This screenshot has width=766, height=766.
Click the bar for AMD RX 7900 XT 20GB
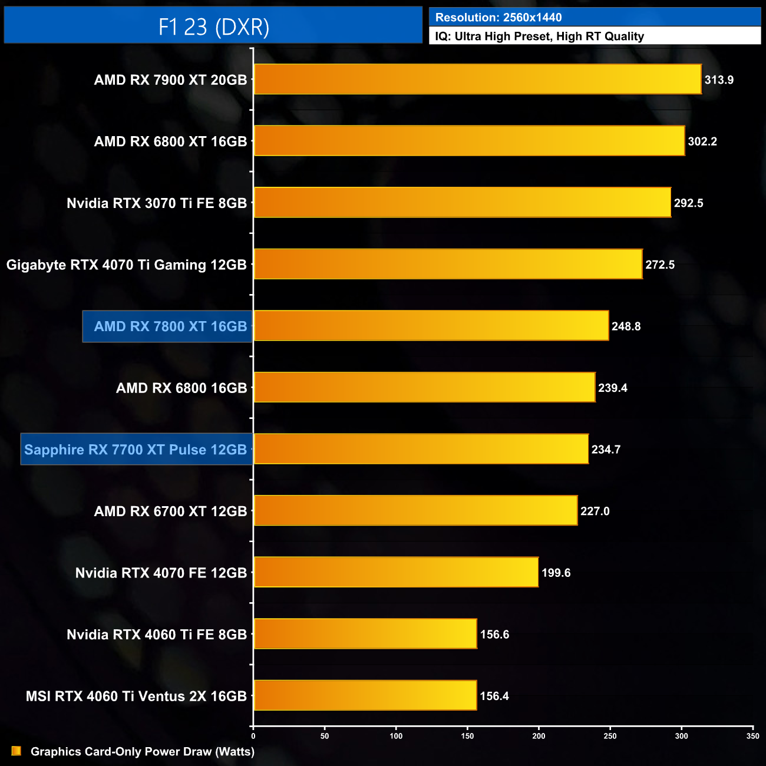pos(477,79)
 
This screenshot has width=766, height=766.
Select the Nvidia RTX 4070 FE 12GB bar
pos(396,572)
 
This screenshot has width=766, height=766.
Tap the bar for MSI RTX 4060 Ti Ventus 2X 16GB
pos(365,695)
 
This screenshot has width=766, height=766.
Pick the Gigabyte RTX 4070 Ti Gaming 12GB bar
pos(448,264)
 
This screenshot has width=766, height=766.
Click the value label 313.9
pos(719,80)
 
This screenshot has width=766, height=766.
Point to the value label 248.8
pos(626,326)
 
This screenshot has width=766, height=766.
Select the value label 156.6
pos(494,635)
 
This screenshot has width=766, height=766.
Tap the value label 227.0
pos(595,511)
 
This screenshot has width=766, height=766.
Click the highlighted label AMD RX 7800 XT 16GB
pos(170,326)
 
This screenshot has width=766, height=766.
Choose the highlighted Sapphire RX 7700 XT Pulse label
pos(136,450)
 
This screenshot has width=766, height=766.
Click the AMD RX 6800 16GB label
pos(181,388)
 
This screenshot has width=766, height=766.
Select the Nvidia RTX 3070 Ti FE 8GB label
pos(157,203)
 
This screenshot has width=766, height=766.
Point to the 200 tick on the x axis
pos(539,736)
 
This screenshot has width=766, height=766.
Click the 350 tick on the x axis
pos(752,736)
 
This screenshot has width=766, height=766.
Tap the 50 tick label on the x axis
pos(325,736)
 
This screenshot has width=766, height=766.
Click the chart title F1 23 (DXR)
pos(213,27)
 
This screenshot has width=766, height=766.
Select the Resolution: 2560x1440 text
pos(498,18)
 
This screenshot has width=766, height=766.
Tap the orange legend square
pos(16,751)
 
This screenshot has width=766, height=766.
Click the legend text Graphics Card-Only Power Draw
pos(143,751)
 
